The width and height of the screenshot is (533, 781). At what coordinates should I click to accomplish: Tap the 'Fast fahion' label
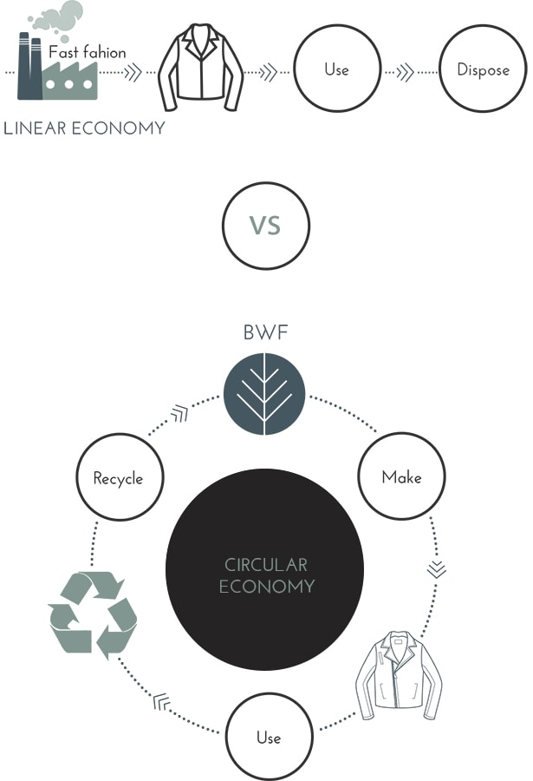tap(87, 52)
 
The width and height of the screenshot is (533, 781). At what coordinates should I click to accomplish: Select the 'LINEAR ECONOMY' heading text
tap(84, 128)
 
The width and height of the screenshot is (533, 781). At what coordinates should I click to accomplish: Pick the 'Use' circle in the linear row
tap(336, 69)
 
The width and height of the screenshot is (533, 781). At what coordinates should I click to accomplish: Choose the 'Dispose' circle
tap(483, 69)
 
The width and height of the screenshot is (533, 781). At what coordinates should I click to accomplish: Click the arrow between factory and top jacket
tap(133, 71)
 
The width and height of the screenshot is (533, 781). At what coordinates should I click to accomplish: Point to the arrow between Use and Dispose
tap(405, 71)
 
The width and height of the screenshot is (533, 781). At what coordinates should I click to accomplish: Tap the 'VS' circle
tap(266, 226)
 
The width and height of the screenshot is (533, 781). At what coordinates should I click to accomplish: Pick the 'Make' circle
tap(401, 477)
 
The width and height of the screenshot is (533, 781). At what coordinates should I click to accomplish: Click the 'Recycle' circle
tap(118, 477)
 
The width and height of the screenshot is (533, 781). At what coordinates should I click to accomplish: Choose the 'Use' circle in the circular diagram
tap(268, 738)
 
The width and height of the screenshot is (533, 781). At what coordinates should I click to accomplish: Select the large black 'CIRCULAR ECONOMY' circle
tap(264, 574)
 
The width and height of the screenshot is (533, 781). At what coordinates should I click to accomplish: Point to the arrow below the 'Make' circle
tap(438, 569)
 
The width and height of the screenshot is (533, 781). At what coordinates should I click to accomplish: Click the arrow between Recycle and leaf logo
tap(179, 414)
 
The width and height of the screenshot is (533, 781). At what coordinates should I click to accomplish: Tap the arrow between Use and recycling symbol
tap(161, 702)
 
